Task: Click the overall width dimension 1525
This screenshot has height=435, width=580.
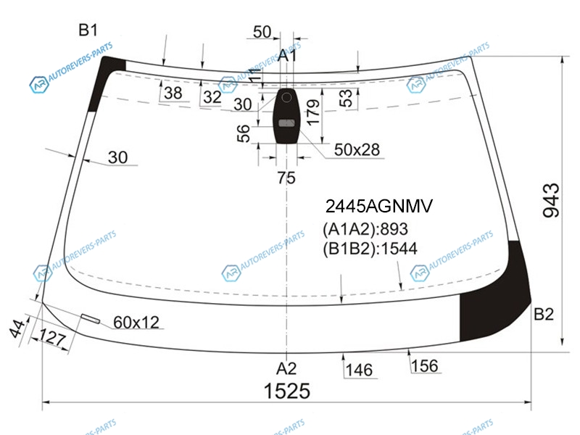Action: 286,391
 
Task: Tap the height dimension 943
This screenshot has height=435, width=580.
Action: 551,200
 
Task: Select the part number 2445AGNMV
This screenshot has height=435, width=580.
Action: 378,206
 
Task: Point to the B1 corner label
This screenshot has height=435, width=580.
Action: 88,30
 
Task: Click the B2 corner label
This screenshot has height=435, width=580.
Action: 544,314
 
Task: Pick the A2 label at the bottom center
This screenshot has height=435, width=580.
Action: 286,369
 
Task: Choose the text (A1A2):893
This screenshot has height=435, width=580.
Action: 365,229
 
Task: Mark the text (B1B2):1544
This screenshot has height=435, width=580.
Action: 370,249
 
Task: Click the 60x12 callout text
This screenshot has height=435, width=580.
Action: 136,322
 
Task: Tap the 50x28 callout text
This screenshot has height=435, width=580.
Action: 357,150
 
